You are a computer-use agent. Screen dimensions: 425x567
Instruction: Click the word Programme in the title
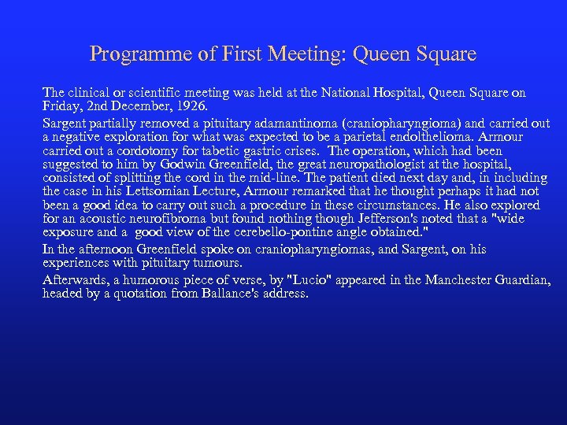(127, 54)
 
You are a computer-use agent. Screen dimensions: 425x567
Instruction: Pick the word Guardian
(521, 280)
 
